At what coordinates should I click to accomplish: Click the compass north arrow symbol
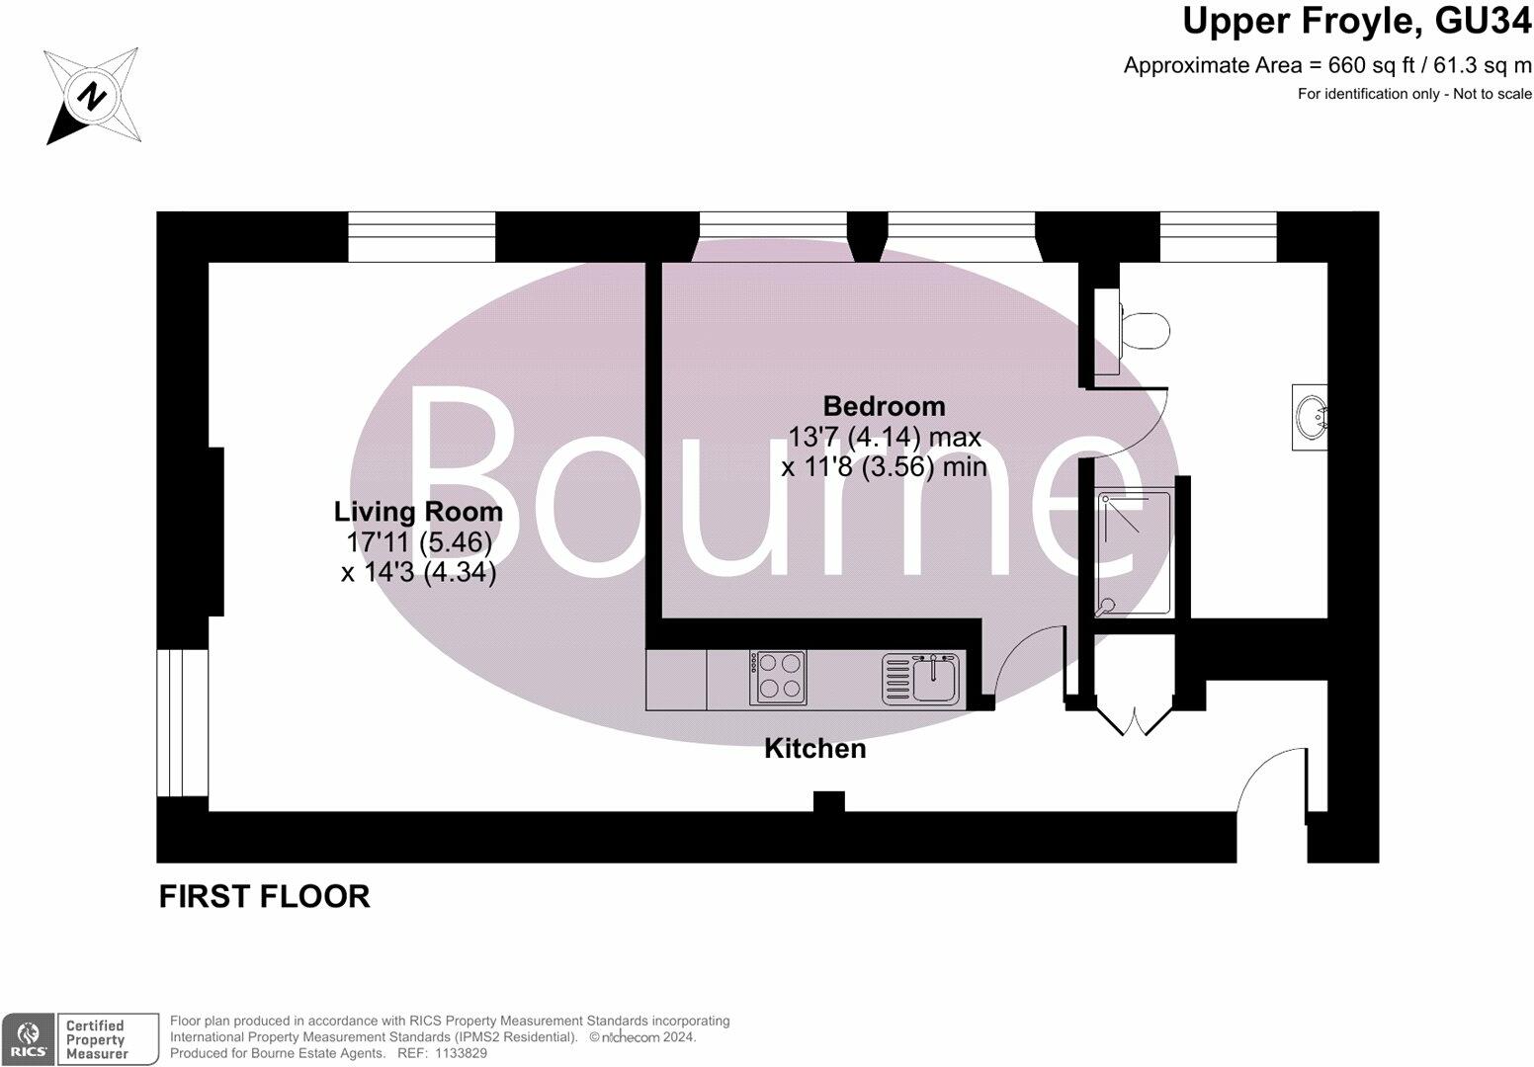[x=91, y=97]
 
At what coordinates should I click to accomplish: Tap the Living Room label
[x=418, y=512]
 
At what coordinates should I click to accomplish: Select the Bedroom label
[x=884, y=406]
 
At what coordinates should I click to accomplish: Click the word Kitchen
[x=814, y=749]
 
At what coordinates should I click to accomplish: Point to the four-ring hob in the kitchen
[x=778, y=677]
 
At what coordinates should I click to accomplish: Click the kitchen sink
[x=931, y=678]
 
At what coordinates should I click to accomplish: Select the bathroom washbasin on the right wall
[x=1311, y=417]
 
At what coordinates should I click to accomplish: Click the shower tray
[x=1134, y=553]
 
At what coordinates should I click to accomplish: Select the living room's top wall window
[x=421, y=236]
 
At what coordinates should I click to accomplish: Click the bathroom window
[x=1218, y=236]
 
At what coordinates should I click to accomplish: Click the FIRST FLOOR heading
[x=264, y=896]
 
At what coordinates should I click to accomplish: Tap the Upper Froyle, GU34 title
[x=1356, y=22]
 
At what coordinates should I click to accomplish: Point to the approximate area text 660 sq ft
[x=1326, y=66]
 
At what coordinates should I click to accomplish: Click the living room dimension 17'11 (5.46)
[x=418, y=542]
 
